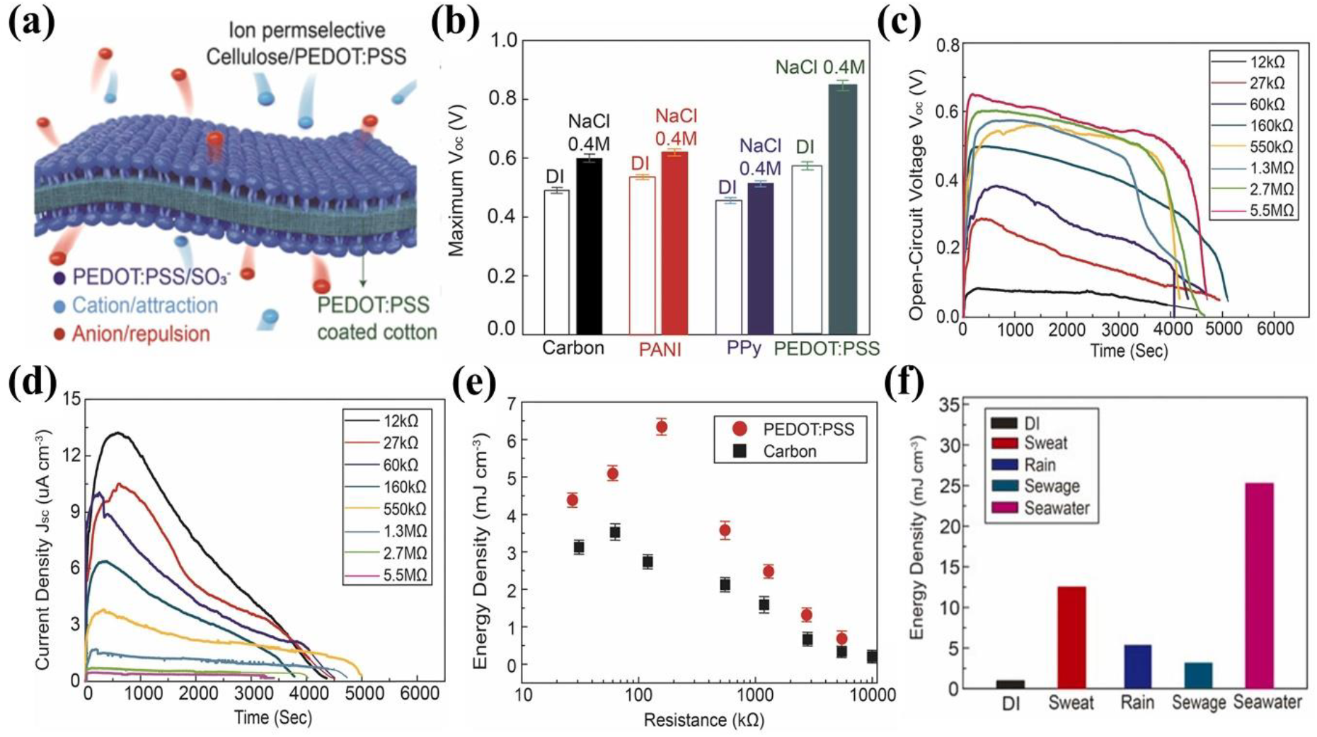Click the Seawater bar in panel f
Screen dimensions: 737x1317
coord(1258,586)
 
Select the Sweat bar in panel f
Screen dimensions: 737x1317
coord(1071,637)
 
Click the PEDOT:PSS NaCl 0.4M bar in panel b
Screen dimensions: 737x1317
coord(842,209)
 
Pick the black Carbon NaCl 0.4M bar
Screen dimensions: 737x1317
coord(589,245)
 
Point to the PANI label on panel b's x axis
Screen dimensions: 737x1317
coord(659,349)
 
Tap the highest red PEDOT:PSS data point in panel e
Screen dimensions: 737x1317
coord(662,426)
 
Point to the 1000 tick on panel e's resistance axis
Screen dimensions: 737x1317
coord(755,695)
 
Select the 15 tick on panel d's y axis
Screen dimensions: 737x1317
coord(71,399)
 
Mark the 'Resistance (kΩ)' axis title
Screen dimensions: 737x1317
coord(703,720)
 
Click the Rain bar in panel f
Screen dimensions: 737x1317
coord(1137,666)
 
